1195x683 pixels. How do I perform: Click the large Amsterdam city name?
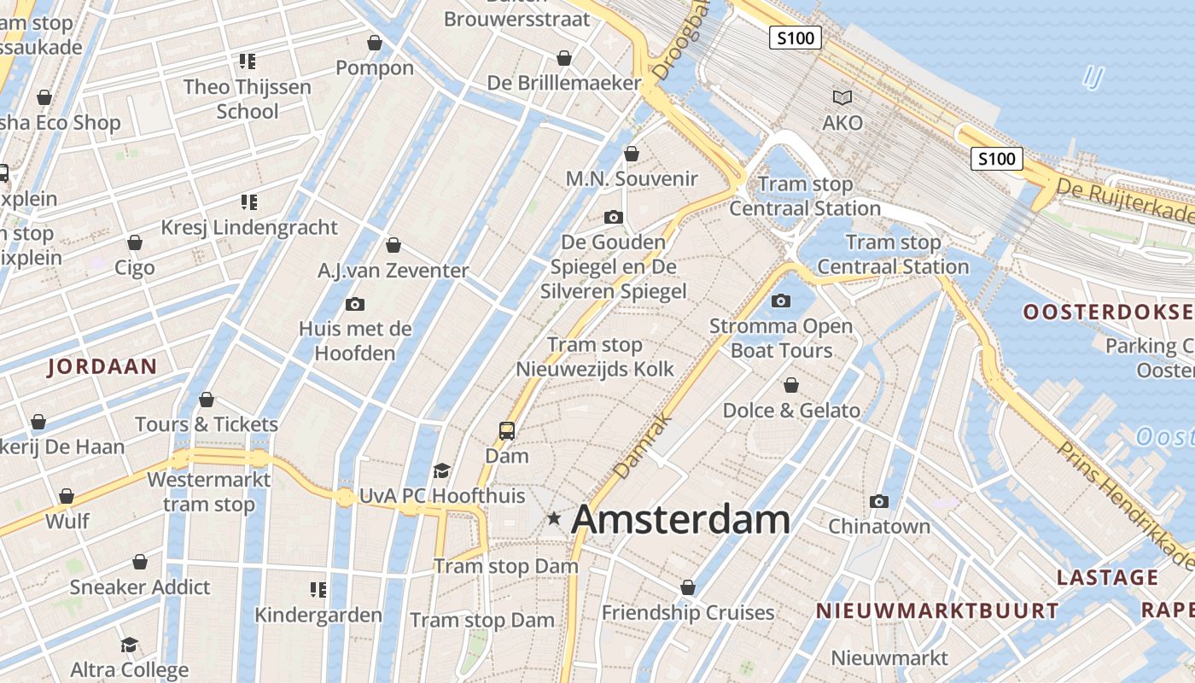[680, 519]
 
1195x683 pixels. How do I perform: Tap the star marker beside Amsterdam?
[554, 517]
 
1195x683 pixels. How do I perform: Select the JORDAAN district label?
[102, 367]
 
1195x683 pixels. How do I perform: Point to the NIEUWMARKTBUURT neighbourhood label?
[937, 611]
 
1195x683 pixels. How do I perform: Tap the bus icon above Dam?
[507, 430]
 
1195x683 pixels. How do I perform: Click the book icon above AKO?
[842, 97]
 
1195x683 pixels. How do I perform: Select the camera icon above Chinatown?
[879, 501]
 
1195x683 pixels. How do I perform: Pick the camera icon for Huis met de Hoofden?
[355, 304]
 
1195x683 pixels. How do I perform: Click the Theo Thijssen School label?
[248, 99]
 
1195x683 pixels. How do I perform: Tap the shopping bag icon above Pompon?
[374, 43]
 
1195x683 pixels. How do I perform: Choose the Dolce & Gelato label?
[791, 411]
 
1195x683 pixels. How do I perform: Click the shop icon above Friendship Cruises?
[688, 587]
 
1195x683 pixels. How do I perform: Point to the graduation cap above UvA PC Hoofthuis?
[441, 470]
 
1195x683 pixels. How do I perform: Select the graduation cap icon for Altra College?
[129, 645]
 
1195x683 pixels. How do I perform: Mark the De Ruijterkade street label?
[1124, 201]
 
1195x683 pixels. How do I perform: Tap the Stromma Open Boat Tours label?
[781, 338]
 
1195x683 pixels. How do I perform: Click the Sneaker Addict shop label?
[140, 587]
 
